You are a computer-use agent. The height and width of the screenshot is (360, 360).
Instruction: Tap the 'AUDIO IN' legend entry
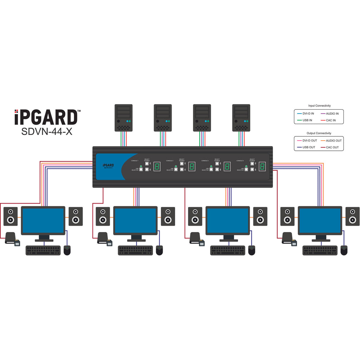[x=332, y=114]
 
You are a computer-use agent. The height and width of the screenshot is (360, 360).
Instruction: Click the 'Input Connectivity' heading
[x=319, y=105]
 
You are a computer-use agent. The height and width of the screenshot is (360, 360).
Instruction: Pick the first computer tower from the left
[x=124, y=117]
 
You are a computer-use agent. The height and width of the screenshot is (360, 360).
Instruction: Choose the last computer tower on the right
[x=241, y=117]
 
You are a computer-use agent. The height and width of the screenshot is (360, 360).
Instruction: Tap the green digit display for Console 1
[x=157, y=167]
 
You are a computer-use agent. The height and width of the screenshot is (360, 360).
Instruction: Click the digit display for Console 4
[x=262, y=167]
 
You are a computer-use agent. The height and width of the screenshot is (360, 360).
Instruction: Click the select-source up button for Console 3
[x=217, y=164]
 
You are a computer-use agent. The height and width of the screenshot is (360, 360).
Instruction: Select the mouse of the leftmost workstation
[x=67, y=250]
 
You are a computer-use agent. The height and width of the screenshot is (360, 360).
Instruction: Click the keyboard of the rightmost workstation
[x=320, y=250]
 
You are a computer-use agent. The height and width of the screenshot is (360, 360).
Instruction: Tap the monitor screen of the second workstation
[x=135, y=220]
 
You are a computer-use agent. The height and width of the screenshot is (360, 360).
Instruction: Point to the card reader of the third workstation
[x=197, y=239]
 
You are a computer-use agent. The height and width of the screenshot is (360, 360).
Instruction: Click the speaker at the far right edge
[x=352, y=216]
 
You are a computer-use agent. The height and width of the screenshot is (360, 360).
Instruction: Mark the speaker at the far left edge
[x=11, y=216]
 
